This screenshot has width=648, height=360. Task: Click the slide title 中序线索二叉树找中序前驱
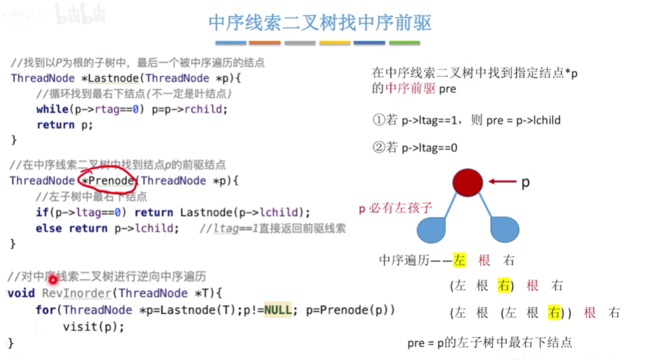pyautogui.click(x=320, y=23)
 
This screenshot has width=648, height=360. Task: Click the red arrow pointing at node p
pyautogui.click(x=502, y=183)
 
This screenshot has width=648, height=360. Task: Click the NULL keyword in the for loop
pyautogui.click(x=278, y=310)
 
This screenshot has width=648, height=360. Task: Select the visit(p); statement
pyautogui.click(x=93, y=327)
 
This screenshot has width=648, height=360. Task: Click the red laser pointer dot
pyautogui.click(x=53, y=279)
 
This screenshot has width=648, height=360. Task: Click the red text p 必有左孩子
pyautogui.click(x=396, y=208)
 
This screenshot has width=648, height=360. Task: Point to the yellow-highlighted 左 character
pyautogui.click(x=459, y=260)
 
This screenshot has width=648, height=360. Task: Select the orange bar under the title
pyautogui.click(x=264, y=43)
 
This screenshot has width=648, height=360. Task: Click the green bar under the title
pyautogui.click(x=405, y=43)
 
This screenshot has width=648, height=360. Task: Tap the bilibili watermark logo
pyautogui.click(x=80, y=13)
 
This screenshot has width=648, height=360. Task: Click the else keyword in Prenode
pyautogui.click(x=48, y=228)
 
